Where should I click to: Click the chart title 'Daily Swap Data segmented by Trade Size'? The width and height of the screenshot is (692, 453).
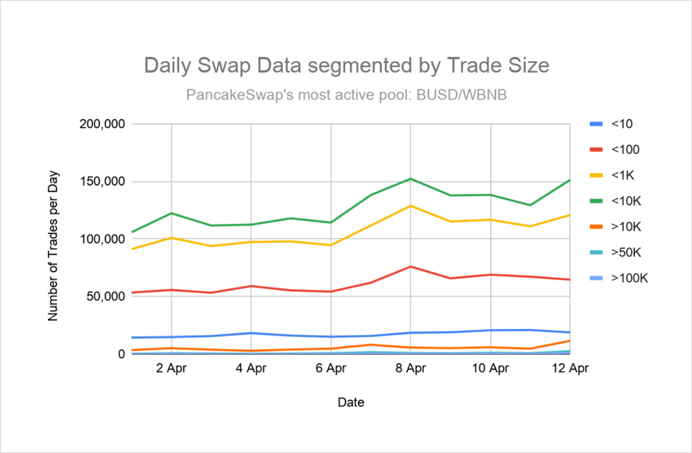click(x=346, y=66)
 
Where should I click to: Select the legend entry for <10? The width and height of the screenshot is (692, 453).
click(x=613, y=124)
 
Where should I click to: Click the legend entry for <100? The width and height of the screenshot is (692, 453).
click(x=616, y=150)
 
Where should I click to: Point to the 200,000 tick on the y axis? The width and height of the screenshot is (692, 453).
click(x=102, y=124)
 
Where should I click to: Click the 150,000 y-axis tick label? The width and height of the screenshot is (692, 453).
click(x=102, y=182)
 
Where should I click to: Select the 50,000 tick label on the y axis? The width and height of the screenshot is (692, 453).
click(x=105, y=296)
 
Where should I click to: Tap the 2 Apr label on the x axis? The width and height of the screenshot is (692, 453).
click(x=171, y=368)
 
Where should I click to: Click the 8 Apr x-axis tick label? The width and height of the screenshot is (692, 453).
click(x=411, y=368)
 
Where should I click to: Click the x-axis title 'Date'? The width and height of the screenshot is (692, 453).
click(x=350, y=403)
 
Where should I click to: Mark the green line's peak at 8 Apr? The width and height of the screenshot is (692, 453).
click(x=411, y=178)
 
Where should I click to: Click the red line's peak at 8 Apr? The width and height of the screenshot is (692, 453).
click(x=411, y=267)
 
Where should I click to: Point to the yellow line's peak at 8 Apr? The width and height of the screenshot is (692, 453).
click(x=411, y=205)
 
